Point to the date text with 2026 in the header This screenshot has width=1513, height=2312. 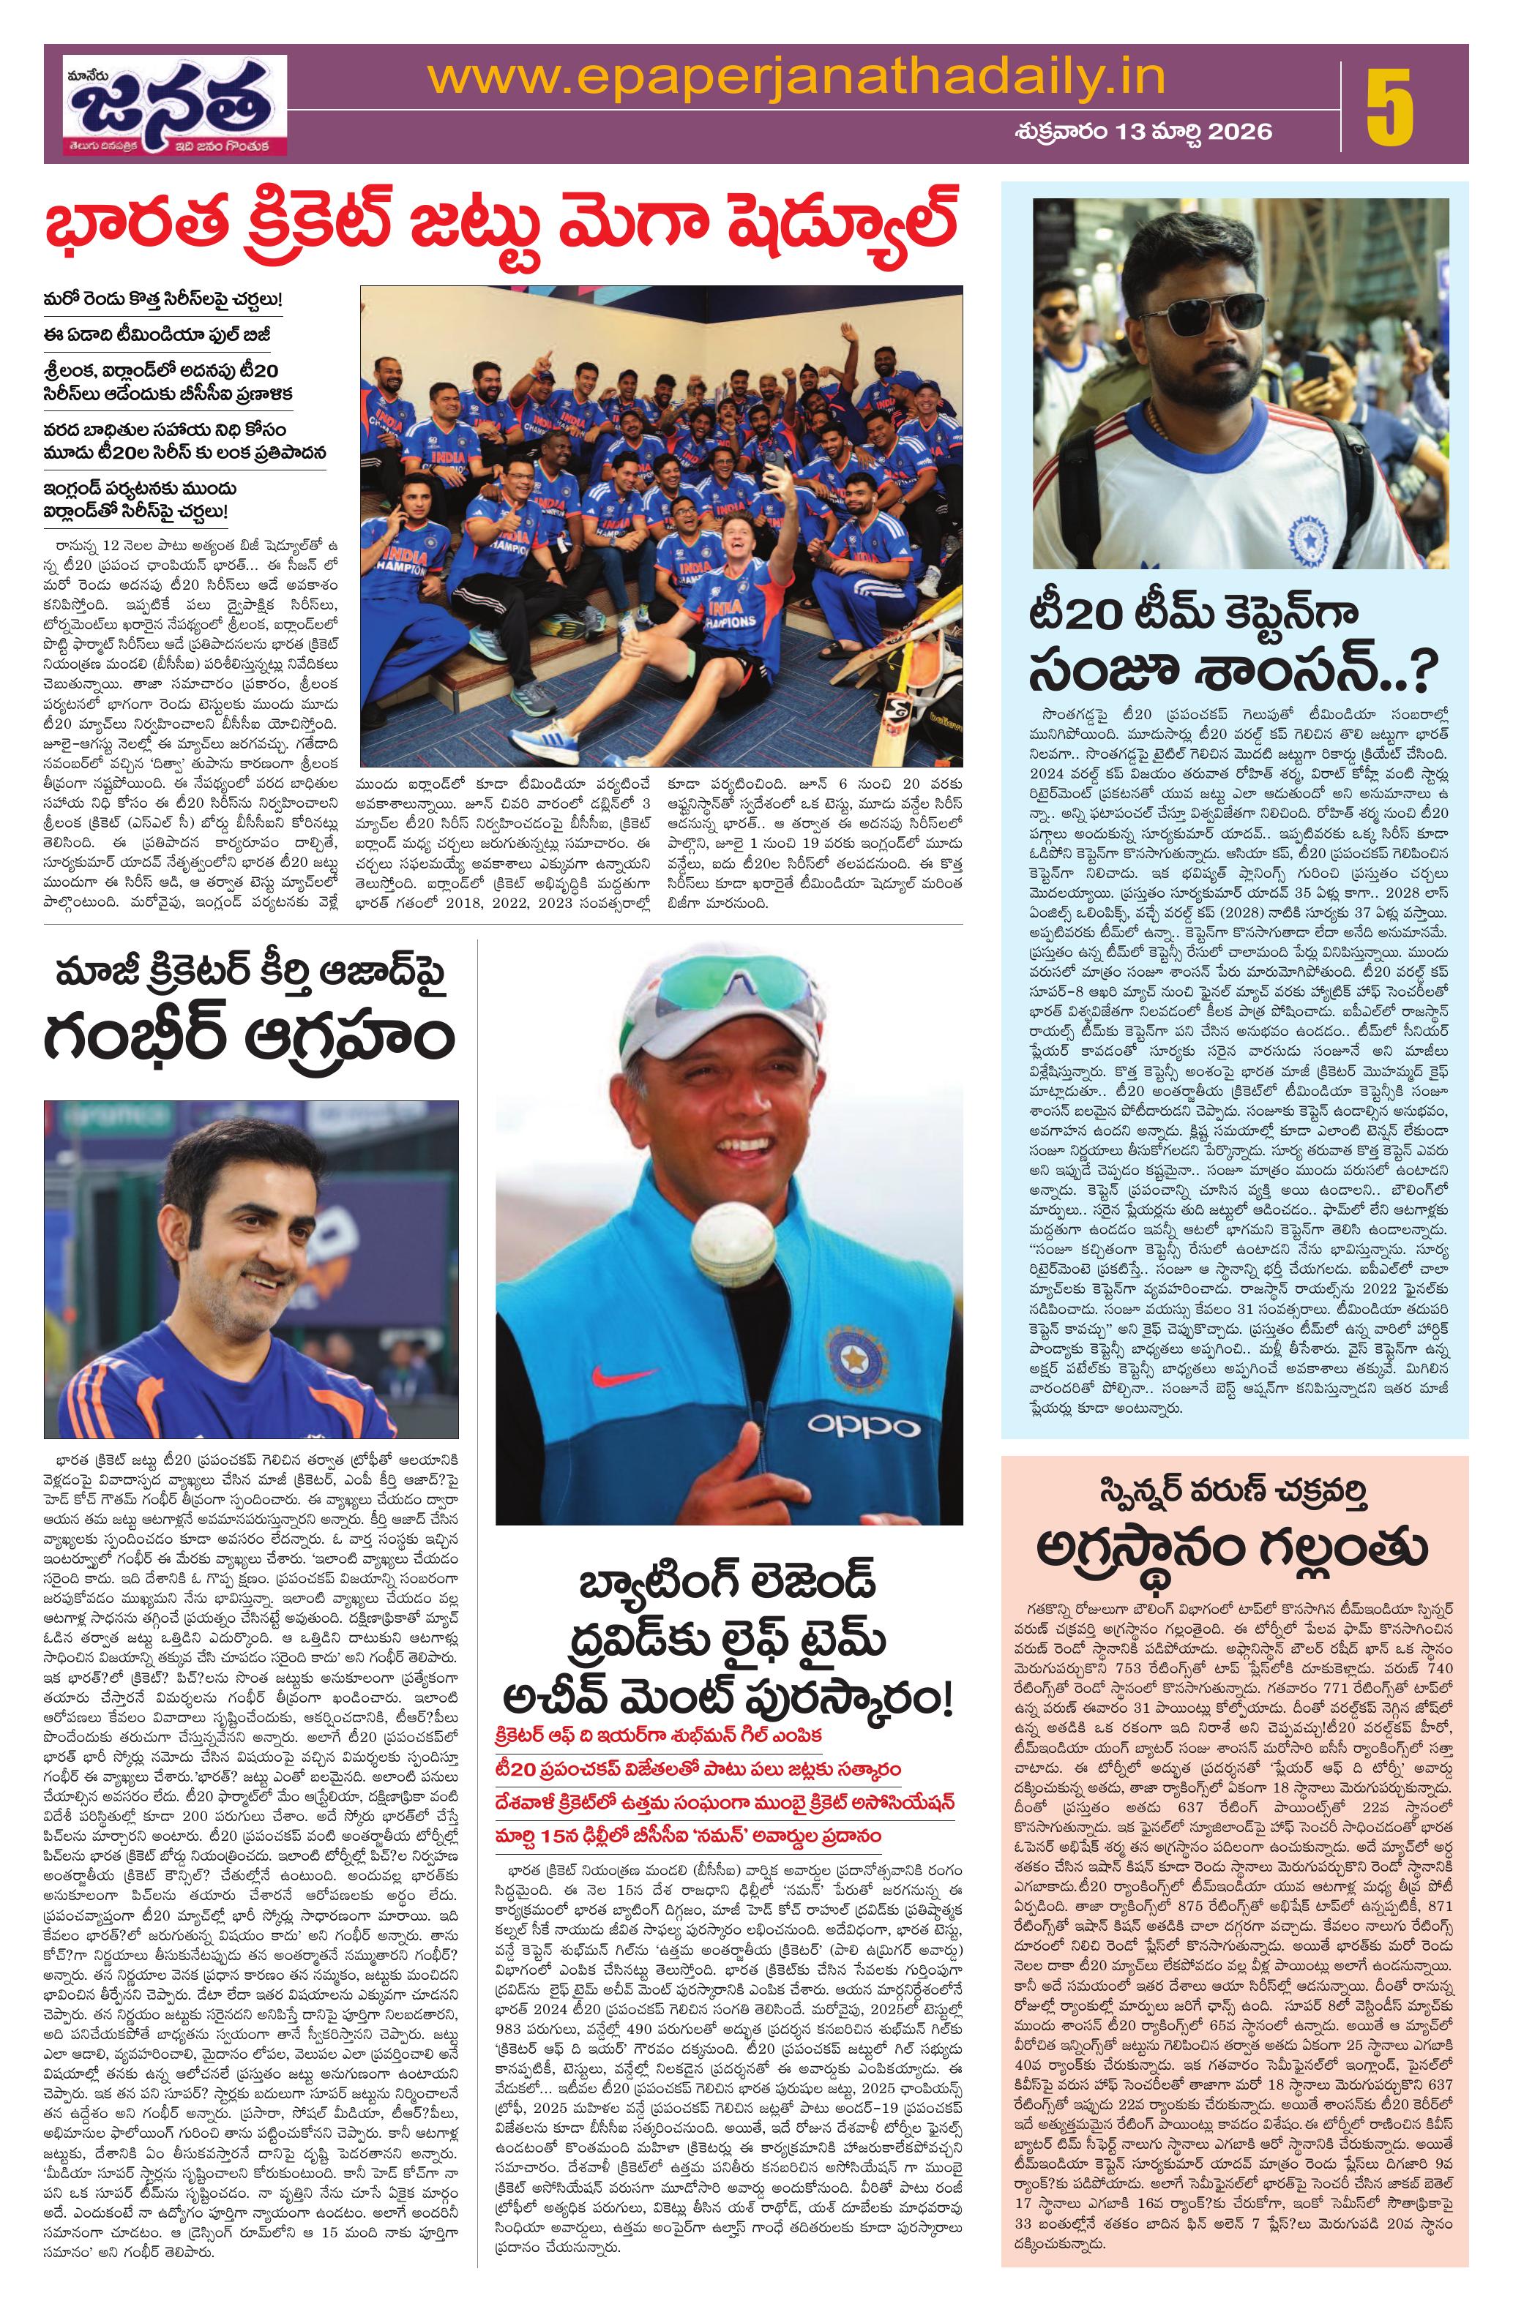[1142, 131]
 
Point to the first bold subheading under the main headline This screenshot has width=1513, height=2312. [162, 300]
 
